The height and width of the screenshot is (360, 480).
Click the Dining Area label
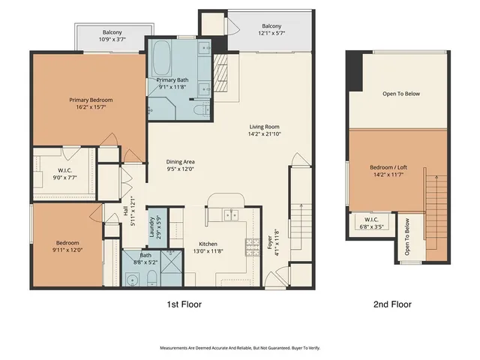pyautogui.click(x=180, y=161)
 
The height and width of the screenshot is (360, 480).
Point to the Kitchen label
pyautogui.click(x=207, y=244)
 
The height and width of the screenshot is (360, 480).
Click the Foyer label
pyautogui.click(x=270, y=244)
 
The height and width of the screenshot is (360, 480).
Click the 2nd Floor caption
pyautogui.click(x=392, y=304)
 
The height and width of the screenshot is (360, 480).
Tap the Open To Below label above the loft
pyautogui.click(x=401, y=94)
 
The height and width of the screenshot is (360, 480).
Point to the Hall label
pyautogui.click(x=126, y=212)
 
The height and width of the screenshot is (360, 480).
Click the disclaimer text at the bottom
pyautogui.click(x=239, y=348)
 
